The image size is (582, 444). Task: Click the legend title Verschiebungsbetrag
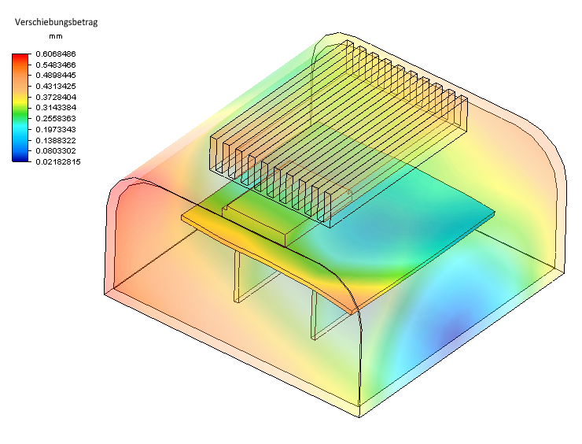pos(56,22)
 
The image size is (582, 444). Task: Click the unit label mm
pos(56,36)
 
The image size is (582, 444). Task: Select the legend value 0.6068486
pos(56,54)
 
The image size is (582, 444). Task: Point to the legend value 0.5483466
pos(56,65)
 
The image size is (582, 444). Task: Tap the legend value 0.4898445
pos(56,76)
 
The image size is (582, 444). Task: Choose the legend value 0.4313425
pos(56,86)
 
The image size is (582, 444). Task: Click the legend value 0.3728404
pos(56,97)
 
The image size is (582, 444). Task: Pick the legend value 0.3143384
pos(56,108)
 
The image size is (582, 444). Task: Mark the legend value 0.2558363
pos(56,119)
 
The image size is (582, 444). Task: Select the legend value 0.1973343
pos(56,129)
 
